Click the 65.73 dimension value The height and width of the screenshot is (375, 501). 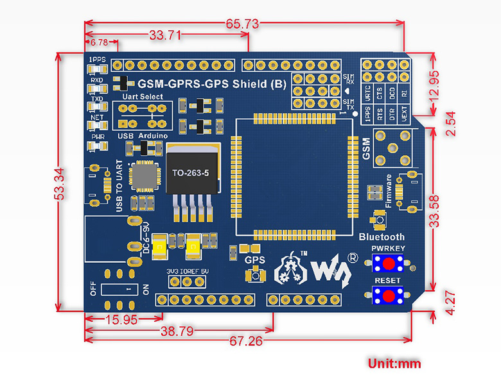[x=242, y=24]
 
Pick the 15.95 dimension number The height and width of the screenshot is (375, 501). [x=120, y=319]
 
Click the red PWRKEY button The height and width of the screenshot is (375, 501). [x=388, y=263]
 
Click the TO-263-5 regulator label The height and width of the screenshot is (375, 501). [x=191, y=173]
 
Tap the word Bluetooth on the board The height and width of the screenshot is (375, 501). [x=382, y=237]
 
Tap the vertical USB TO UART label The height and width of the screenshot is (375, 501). [x=119, y=185]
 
